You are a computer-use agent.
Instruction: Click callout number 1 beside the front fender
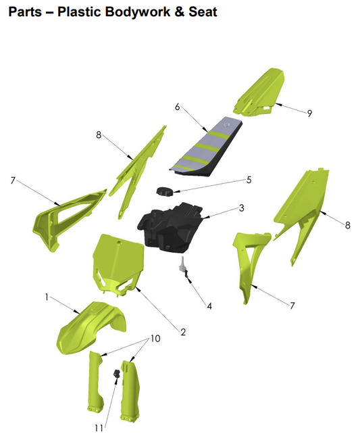coord(47,297)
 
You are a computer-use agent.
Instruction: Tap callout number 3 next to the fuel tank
coord(241,208)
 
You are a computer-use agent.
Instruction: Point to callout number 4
coord(209,306)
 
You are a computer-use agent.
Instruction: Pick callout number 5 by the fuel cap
coord(249,180)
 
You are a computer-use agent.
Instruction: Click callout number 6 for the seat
coord(177,107)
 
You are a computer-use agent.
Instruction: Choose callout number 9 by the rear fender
coord(309,113)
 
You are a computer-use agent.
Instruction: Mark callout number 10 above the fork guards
coord(155,338)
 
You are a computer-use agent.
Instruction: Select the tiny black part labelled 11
coord(115,375)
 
